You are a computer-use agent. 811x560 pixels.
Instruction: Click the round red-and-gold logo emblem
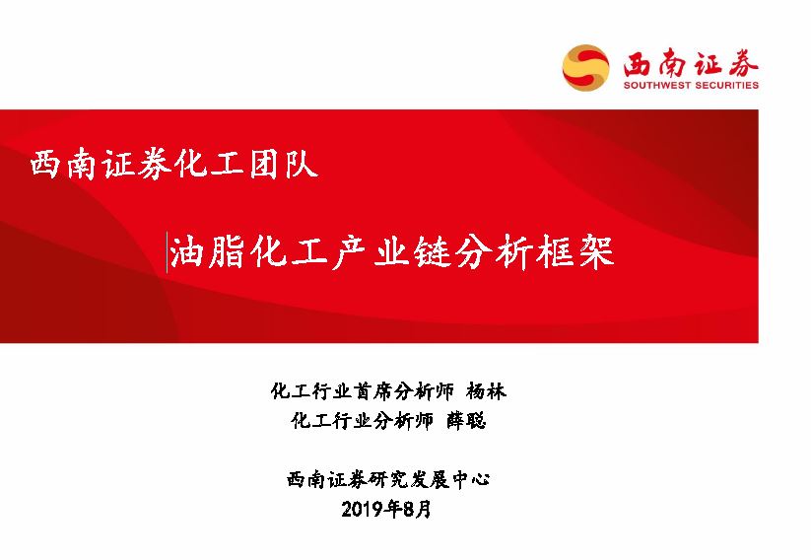585,68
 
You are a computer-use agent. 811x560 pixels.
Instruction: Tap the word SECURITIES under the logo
726,85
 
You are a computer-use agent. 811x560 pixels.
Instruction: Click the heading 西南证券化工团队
173,164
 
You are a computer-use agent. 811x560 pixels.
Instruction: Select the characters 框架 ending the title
575,252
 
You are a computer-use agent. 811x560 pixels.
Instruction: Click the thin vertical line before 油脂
167,252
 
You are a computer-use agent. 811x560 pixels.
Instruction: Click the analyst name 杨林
486,391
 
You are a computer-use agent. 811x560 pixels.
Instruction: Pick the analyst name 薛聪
466,421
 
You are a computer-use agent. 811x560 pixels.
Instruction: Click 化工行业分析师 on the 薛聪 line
362,421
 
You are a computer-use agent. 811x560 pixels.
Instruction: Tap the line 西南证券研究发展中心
388,480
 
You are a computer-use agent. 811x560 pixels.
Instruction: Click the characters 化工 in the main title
289,252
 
